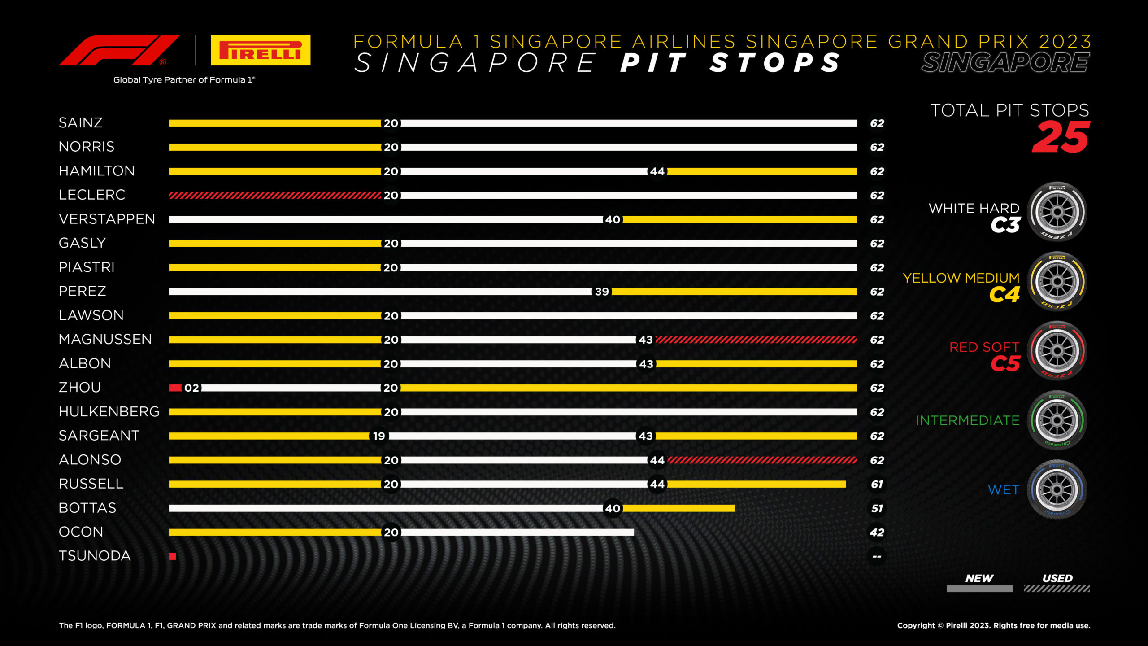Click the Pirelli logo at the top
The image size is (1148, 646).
(261, 50)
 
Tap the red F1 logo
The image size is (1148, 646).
(119, 50)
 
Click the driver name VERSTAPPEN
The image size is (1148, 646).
(107, 219)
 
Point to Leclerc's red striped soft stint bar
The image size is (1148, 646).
(274, 195)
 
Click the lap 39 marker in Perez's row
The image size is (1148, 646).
(602, 292)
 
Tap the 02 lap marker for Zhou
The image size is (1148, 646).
(191, 388)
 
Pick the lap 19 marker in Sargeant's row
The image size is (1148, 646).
(379, 436)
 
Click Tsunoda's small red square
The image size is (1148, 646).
(173, 556)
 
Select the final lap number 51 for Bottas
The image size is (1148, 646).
(877, 508)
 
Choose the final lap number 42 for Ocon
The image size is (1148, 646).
(877, 533)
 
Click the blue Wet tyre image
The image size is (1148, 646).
(1057, 489)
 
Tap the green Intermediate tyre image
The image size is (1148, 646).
(1057, 420)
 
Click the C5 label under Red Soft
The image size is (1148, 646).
(1005, 364)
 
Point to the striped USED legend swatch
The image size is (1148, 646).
(1057, 589)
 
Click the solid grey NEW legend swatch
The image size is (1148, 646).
(979, 589)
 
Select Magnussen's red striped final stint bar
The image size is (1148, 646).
(756, 340)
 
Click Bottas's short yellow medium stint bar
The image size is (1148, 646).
(678, 508)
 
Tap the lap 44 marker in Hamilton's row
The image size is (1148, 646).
(657, 171)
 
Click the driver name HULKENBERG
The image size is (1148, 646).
(109, 412)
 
